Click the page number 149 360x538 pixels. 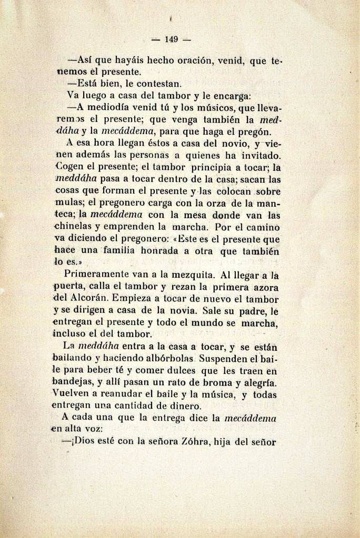[x=172, y=39]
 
